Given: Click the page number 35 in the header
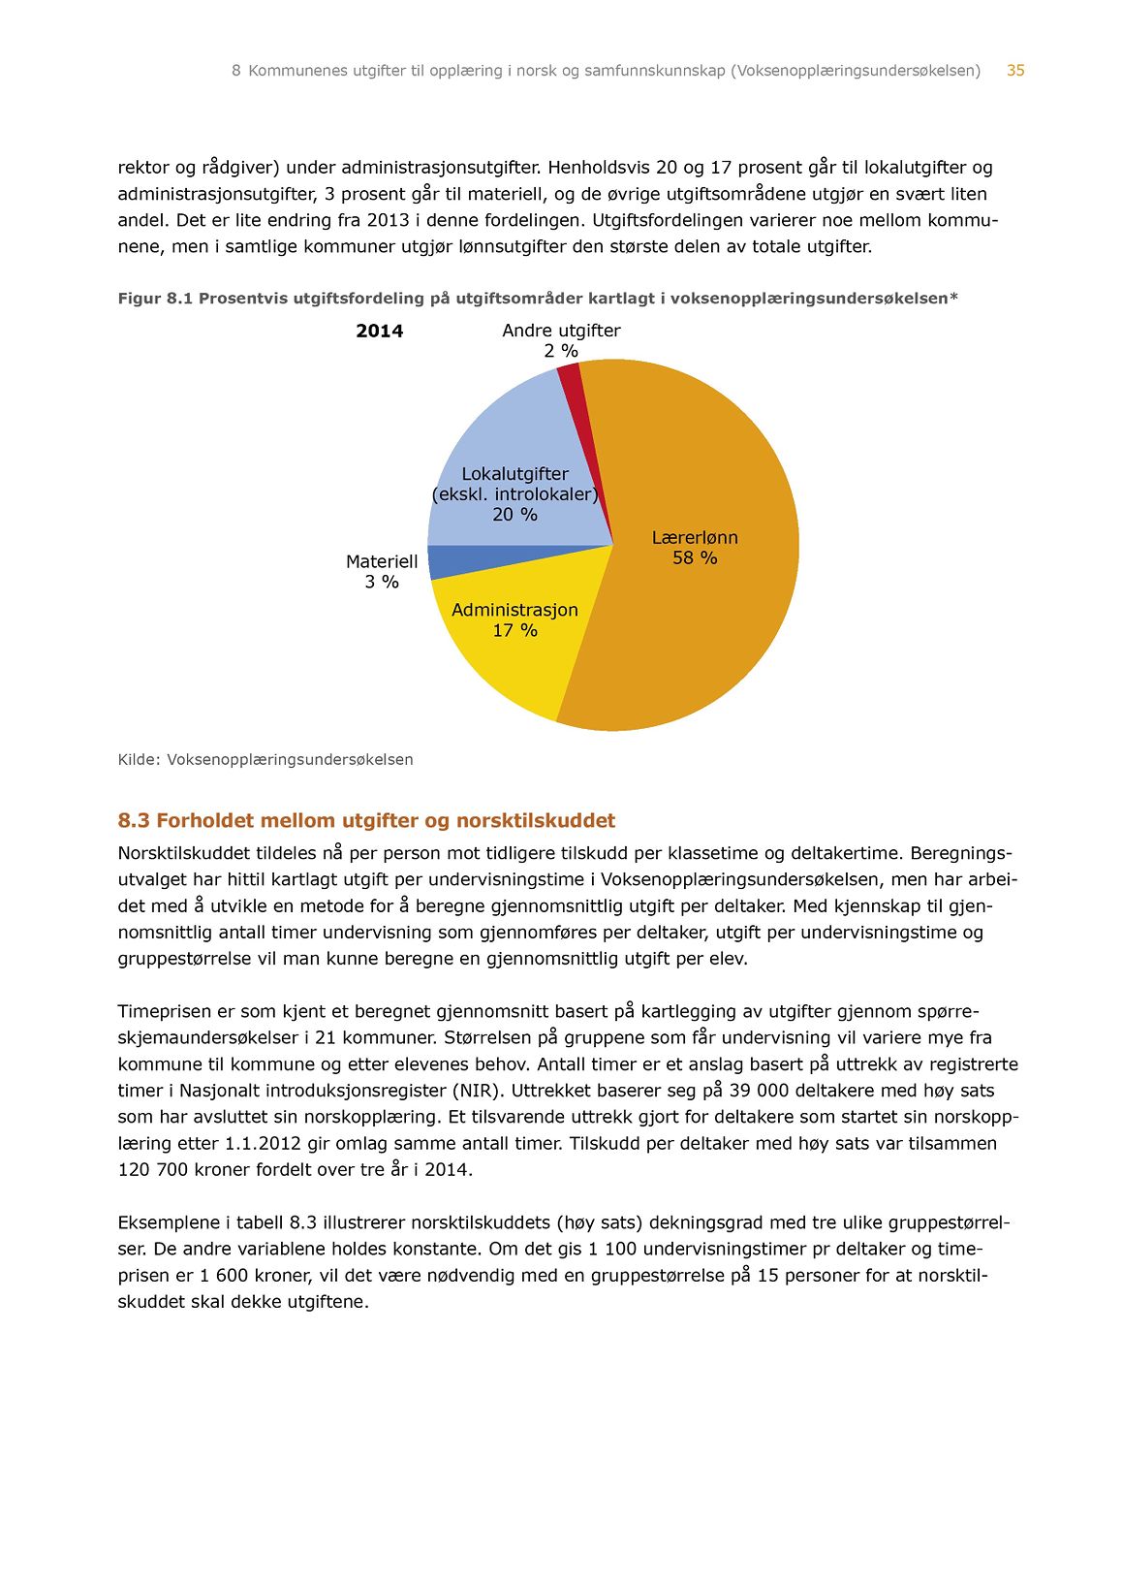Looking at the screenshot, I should (1015, 71).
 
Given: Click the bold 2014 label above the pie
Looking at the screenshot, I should (379, 332).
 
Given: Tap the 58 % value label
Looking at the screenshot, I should (695, 558).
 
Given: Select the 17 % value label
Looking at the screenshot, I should (514, 631).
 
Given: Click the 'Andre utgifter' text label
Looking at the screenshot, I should (561, 331).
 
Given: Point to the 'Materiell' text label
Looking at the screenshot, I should (382, 562).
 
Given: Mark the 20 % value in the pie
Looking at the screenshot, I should (514, 515).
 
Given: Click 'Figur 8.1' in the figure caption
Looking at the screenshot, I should (155, 299).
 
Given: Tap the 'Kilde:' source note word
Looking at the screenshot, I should (139, 760).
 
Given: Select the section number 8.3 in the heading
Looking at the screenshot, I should (134, 821).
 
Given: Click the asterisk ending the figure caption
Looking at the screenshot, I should (953, 297).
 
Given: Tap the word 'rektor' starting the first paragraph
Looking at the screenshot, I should (143, 168).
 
